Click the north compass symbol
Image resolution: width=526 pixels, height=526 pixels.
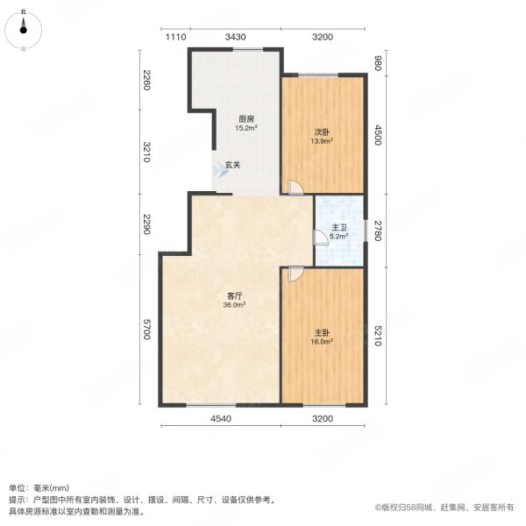pos(23,30)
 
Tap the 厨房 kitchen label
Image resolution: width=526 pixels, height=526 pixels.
pos(246,119)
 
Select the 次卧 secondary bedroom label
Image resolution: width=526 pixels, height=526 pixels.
pos(322,132)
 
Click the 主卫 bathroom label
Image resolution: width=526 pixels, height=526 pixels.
pos(338,228)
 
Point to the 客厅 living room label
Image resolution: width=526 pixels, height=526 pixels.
pos(234,296)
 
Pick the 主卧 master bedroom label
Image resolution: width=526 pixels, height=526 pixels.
pos(322,333)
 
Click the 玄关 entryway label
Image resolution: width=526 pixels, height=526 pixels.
pos(232,165)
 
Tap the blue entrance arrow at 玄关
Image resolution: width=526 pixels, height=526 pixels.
pos(220,171)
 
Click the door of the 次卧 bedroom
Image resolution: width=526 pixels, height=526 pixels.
pos(295,188)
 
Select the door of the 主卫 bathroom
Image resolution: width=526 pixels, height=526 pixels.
pos(320,238)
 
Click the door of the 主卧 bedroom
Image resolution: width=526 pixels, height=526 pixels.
pos(296,274)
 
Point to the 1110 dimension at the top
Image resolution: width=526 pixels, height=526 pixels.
pos(176,37)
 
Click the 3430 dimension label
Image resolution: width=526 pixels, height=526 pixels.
pos(236,37)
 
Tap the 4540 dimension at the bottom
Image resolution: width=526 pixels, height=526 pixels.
pos(221,419)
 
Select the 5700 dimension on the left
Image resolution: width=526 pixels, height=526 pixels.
pos(146,329)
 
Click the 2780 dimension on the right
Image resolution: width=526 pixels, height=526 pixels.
pos(378,231)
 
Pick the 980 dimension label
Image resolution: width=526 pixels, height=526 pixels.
pos(378,63)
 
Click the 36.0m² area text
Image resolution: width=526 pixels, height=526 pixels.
pos(234,305)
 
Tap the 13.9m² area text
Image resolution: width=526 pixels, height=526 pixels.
pos(322,141)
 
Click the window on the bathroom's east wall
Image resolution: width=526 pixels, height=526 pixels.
pos(366,231)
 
